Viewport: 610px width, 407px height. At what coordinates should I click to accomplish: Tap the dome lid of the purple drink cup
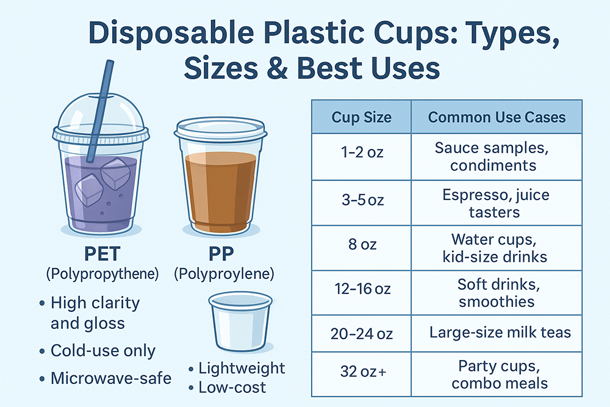click(101, 117)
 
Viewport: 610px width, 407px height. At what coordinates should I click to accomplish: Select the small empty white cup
click(240, 322)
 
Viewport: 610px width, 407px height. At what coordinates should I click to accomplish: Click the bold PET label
click(102, 254)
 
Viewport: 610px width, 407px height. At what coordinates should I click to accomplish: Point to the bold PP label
click(221, 254)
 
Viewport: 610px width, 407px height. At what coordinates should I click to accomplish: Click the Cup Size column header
click(361, 117)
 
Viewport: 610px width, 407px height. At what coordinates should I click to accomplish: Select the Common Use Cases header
click(497, 117)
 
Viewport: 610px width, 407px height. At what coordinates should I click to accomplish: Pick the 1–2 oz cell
click(361, 156)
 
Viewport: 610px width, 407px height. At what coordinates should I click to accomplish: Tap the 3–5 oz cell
click(361, 203)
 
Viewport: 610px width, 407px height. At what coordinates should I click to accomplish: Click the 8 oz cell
click(361, 248)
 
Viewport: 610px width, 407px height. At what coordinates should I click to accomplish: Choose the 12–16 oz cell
click(361, 293)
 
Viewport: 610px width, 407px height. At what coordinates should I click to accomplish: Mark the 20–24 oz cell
click(361, 333)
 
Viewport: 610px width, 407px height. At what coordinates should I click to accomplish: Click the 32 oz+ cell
click(361, 374)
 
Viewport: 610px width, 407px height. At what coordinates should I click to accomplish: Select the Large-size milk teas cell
click(497, 333)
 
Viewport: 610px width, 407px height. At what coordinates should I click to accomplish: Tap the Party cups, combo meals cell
click(497, 374)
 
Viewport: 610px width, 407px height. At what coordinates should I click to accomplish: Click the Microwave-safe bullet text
click(111, 378)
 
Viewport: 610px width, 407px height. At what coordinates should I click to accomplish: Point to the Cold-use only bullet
click(103, 351)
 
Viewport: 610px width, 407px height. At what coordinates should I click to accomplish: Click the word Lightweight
click(242, 369)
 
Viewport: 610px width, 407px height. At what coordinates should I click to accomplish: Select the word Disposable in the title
click(171, 34)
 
